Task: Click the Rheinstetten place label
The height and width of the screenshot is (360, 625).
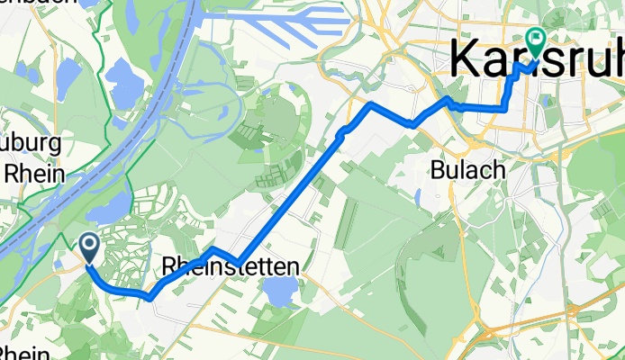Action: tap(231, 267)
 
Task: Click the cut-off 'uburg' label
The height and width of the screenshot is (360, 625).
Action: tap(31, 144)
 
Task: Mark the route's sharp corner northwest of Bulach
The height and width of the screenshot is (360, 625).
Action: tap(370, 106)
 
